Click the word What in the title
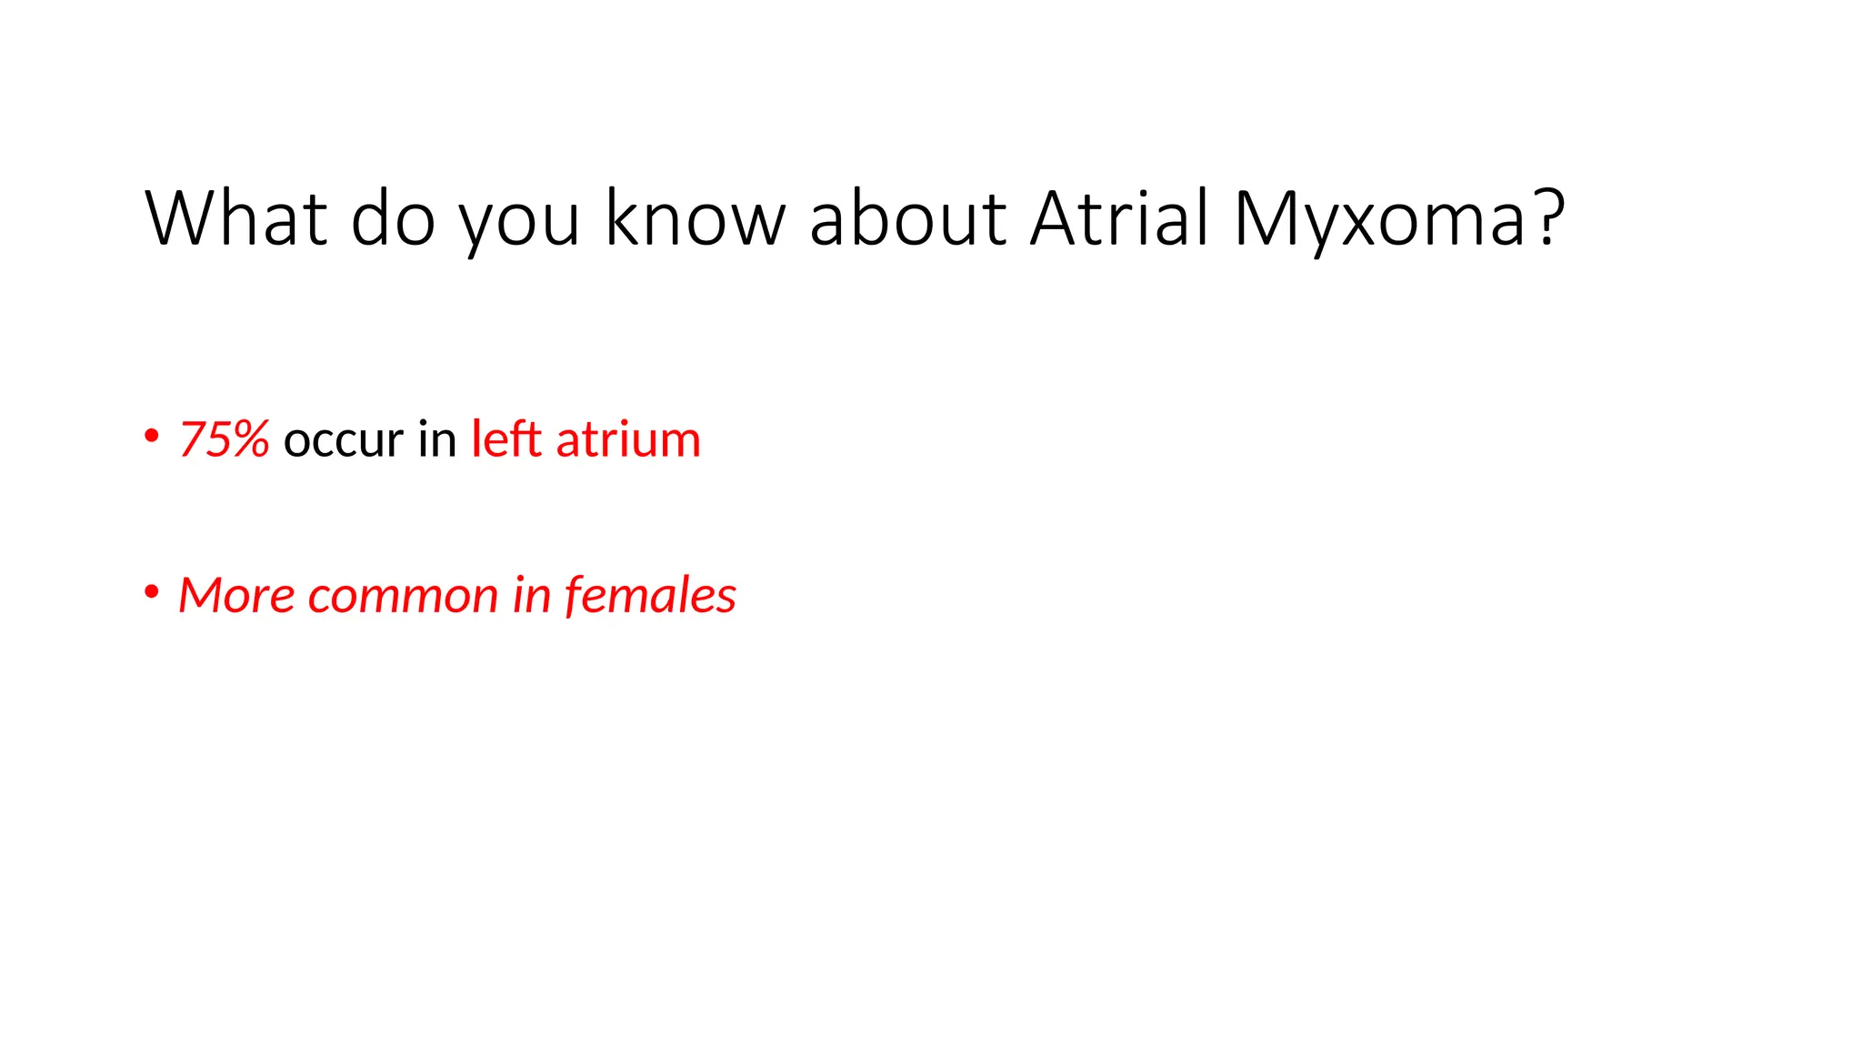coord(235,218)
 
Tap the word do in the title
coord(393,218)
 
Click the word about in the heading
coord(907,218)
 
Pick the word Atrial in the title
coord(1120,218)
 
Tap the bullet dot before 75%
coord(152,436)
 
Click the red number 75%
coord(224,439)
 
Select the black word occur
coord(343,441)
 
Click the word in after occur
coord(437,439)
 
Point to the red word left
coord(506,439)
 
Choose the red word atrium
coord(628,439)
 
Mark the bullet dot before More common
coord(152,592)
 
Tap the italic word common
coord(403,598)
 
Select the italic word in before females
coord(532,596)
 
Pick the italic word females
coord(650,596)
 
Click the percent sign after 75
coord(247,439)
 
